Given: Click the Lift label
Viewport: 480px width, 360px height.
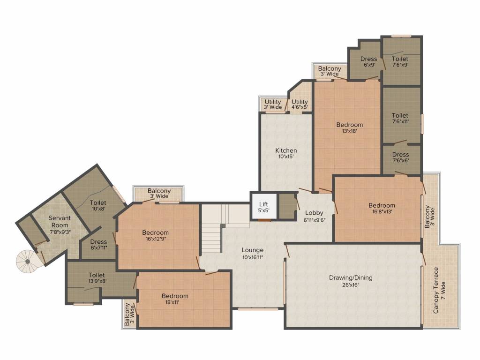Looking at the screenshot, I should coord(264,204).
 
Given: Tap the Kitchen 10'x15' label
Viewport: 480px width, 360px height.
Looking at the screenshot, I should coord(285,154).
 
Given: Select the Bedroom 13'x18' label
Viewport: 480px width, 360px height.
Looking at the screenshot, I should coord(350,128).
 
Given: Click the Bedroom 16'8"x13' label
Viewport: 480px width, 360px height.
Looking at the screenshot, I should coord(382,209).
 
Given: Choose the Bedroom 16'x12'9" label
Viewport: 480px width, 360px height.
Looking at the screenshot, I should coord(156,236).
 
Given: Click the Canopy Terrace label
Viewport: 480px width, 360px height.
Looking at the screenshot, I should coord(436,290).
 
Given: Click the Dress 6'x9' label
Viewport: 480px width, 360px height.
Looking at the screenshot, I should coord(369,62).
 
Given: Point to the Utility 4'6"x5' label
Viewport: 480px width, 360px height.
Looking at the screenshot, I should coord(300,105).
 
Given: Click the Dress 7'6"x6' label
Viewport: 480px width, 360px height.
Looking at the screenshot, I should coord(400,157).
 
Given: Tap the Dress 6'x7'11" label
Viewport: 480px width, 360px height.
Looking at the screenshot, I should coord(99,245).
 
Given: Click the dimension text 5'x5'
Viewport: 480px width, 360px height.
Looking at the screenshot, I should coord(264,210).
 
